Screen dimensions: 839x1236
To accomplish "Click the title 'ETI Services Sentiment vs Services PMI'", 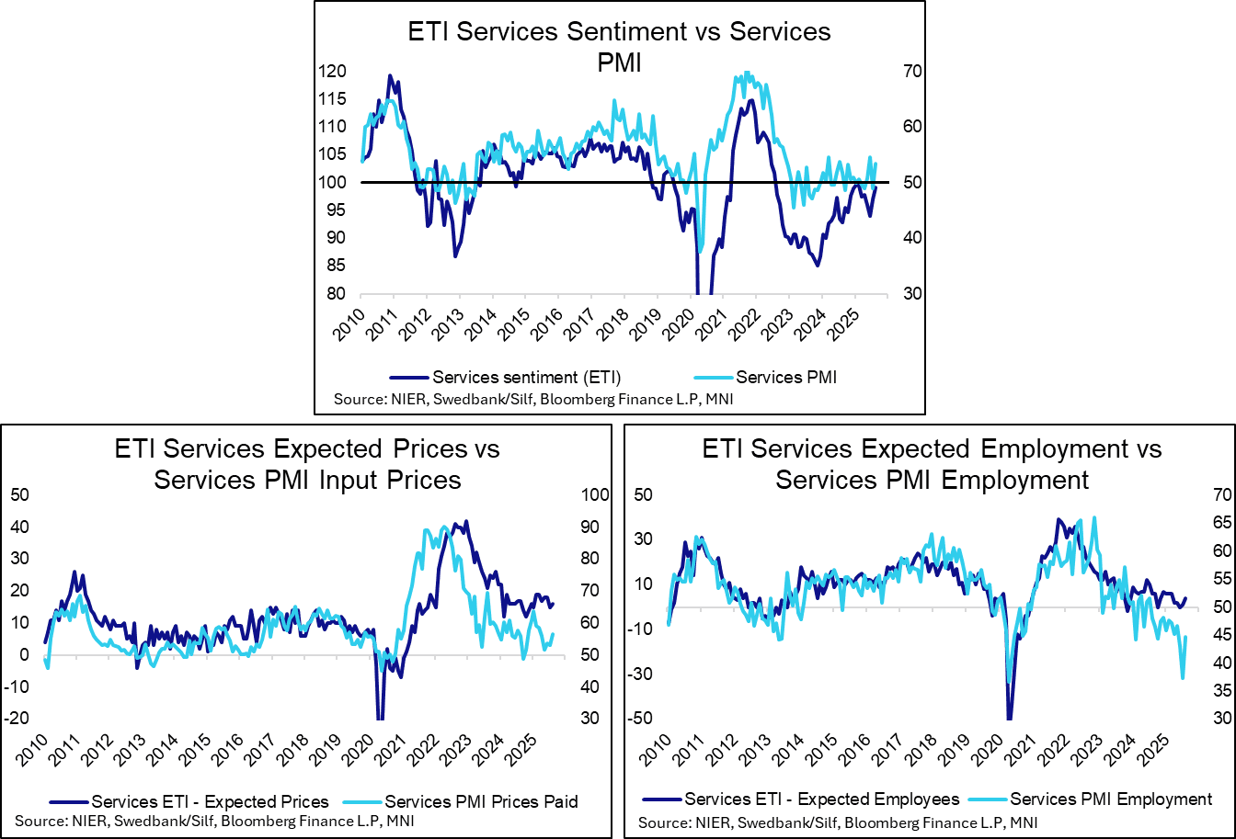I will pos(619,44).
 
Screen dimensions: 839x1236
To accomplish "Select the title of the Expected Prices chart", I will pos(307,464).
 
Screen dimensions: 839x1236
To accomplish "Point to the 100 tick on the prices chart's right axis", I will pos(595,495).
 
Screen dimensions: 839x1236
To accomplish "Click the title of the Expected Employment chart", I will pos(932,464).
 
